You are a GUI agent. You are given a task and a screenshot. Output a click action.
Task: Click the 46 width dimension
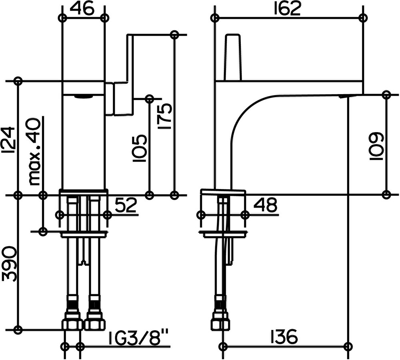pos(82,9)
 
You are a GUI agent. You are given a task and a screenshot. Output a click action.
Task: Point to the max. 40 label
pos(34,152)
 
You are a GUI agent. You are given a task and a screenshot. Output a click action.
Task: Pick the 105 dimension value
pos(140,148)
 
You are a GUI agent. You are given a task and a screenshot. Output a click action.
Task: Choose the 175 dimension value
pos(165,116)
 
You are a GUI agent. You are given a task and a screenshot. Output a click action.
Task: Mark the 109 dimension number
pos(376,146)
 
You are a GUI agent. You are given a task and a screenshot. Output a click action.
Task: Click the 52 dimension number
pos(126,205)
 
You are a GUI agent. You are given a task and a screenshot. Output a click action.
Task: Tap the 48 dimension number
pos(265,205)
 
